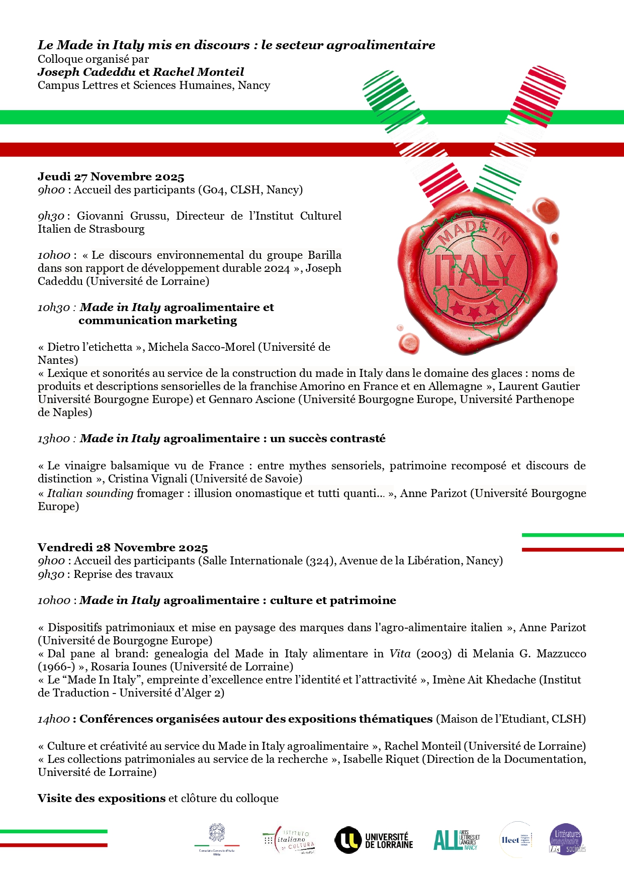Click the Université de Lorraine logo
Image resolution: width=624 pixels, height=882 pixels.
tap(374, 840)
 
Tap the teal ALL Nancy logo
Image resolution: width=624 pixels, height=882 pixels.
tap(456, 840)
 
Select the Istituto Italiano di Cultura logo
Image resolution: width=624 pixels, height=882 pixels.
tap(289, 840)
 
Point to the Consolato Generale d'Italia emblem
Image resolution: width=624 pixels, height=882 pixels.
tap(217, 838)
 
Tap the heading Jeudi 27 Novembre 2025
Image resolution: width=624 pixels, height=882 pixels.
tap(111, 177)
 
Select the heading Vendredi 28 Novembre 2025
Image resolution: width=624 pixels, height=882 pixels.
tap(123, 548)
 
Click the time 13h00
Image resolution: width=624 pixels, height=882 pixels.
tap(54, 439)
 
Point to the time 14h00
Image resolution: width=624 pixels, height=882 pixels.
tap(54, 719)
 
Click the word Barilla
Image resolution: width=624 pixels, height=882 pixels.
tap(324, 255)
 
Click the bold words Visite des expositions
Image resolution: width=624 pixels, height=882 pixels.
tap(102, 799)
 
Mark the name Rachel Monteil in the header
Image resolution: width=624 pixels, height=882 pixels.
tap(199, 72)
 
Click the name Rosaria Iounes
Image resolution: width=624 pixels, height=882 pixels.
tap(128, 667)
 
